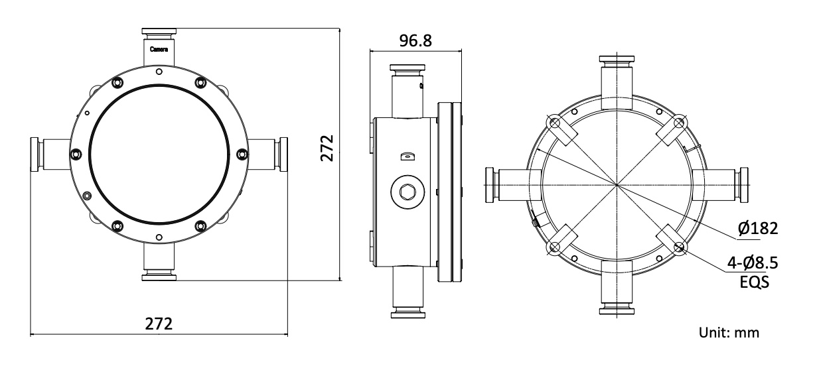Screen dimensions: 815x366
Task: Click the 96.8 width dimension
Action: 415,40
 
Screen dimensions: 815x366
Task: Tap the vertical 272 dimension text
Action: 327,148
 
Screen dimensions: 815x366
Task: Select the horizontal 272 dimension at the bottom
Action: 159,324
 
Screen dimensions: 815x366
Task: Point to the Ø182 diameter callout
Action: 758,228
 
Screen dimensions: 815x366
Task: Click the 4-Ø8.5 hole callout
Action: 753,263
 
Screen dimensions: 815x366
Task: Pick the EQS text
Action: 755,282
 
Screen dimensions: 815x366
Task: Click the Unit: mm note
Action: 729,333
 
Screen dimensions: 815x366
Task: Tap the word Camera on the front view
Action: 159,50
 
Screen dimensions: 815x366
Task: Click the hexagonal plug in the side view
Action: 407,192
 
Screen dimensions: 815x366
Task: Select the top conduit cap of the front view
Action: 159,32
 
